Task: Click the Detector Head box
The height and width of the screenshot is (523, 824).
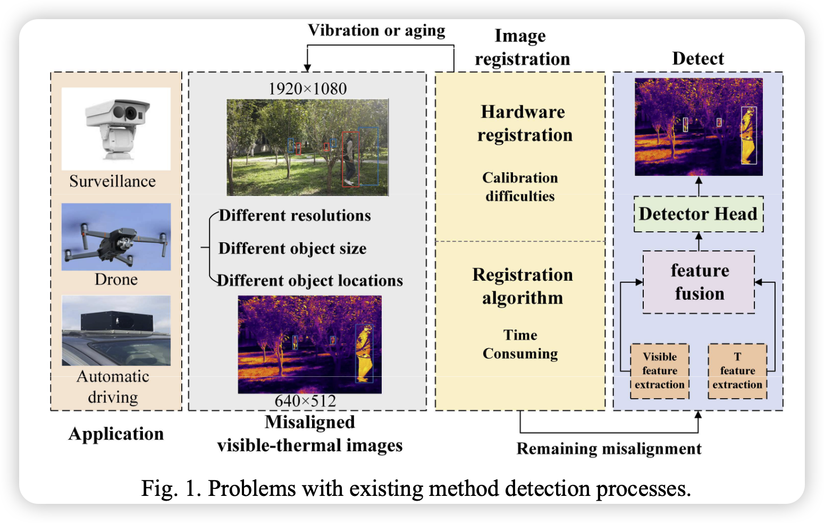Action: pyautogui.click(x=698, y=214)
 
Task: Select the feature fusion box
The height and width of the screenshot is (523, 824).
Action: pyautogui.click(x=699, y=282)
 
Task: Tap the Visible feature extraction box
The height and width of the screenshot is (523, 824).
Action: pyautogui.click(x=659, y=371)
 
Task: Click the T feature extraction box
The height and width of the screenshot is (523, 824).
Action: pyautogui.click(x=737, y=371)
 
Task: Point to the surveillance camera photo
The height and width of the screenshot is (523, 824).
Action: pyautogui.click(x=116, y=129)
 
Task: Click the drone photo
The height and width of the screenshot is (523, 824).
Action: pyautogui.click(x=116, y=237)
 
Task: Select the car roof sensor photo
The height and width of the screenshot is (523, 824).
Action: pyautogui.click(x=116, y=331)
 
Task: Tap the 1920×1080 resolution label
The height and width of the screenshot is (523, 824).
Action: pyautogui.click(x=307, y=89)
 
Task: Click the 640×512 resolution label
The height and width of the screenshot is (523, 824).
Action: pyautogui.click(x=305, y=401)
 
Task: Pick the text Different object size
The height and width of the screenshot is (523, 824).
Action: pyautogui.click(x=292, y=248)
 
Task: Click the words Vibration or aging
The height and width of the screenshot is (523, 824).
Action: pyautogui.click(x=376, y=31)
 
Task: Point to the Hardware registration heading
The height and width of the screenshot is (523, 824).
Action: pyautogui.click(x=524, y=123)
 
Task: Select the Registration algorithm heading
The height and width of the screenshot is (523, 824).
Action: pyautogui.click(x=522, y=286)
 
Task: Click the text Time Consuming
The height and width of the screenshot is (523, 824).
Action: pyautogui.click(x=520, y=344)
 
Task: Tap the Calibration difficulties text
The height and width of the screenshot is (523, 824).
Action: pyautogui.click(x=520, y=187)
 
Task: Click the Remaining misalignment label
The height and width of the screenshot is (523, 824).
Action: pyautogui.click(x=609, y=449)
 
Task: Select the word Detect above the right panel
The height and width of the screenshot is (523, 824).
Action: pyautogui.click(x=697, y=58)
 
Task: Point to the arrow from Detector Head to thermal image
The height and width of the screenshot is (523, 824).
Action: pyautogui.click(x=699, y=187)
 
